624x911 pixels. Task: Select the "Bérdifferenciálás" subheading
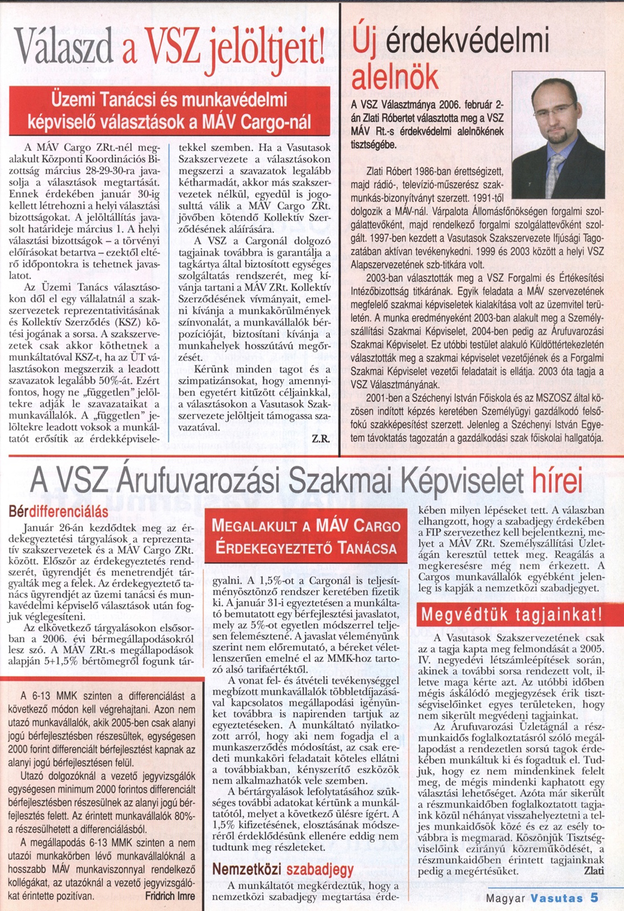tap(58, 511)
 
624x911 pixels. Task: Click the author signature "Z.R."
tap(320, 439)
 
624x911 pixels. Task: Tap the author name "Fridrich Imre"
tap(170, 896)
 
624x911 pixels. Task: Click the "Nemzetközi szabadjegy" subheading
tap(283, 869)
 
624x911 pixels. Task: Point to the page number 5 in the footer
tap(594, 897)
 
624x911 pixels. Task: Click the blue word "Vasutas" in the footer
tap(556, 898)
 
